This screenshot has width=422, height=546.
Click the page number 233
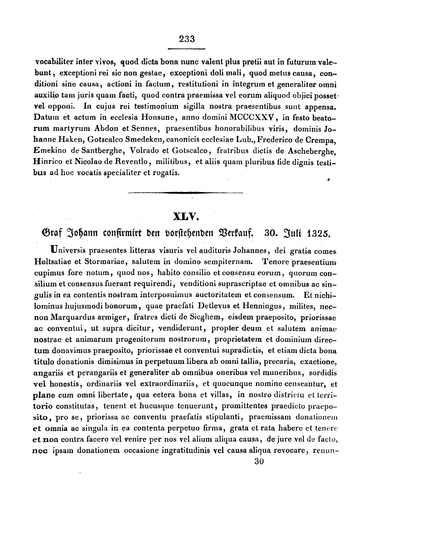coord(187,39)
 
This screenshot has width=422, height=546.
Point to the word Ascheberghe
coord(311,151)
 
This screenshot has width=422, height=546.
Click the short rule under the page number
coord(186,49)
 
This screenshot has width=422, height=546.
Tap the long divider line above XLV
coord(185,192)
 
